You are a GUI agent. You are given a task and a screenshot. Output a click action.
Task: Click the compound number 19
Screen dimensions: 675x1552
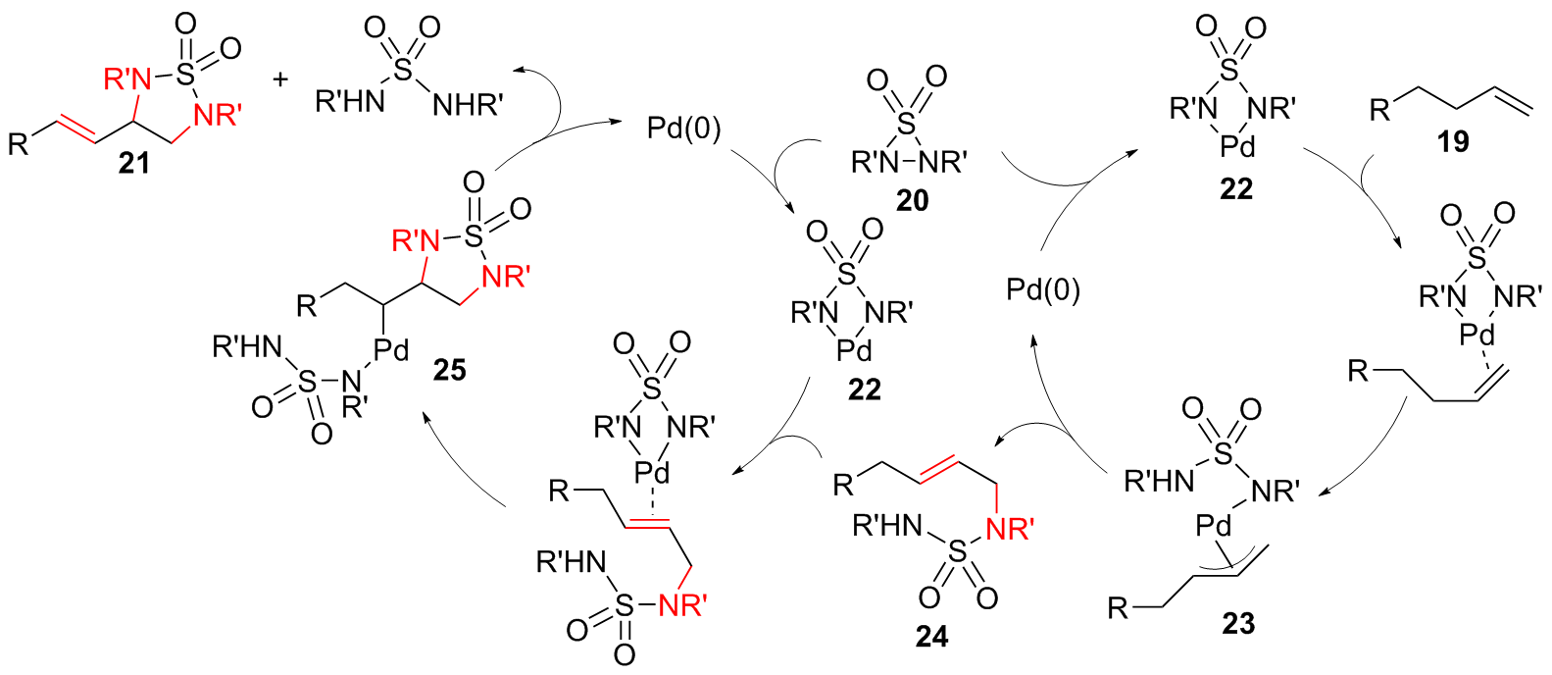[1453, 142]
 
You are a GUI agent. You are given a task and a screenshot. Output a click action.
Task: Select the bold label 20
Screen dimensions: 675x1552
[912, 200]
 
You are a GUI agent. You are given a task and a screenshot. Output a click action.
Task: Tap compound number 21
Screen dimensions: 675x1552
[133, 163]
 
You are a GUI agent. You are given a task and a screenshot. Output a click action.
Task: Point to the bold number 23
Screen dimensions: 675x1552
[1238, 623]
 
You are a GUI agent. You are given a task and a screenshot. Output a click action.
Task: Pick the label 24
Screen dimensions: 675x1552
[931, 637]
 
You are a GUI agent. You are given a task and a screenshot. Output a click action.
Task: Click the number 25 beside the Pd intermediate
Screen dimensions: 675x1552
[449, 370]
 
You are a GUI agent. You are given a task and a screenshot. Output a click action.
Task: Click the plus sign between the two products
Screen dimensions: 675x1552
[281, 79]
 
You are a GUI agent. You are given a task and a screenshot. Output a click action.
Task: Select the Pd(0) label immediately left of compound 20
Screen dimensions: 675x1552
[683, 129]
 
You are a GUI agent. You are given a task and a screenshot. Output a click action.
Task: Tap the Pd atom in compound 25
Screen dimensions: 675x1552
[390, 349]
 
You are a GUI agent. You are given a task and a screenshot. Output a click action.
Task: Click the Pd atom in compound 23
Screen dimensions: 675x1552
[1213, 527]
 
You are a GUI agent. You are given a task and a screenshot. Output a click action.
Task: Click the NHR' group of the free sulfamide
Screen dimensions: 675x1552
[468, 104]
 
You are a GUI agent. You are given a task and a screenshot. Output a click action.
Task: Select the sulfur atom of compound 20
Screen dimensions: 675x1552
[907, 125]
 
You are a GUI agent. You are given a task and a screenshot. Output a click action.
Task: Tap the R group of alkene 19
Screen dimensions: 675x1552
[1380, 110]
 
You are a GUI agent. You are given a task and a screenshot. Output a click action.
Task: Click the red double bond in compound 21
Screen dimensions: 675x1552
[76, 129]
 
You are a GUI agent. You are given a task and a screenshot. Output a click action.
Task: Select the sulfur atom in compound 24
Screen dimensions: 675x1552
[958, 555]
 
